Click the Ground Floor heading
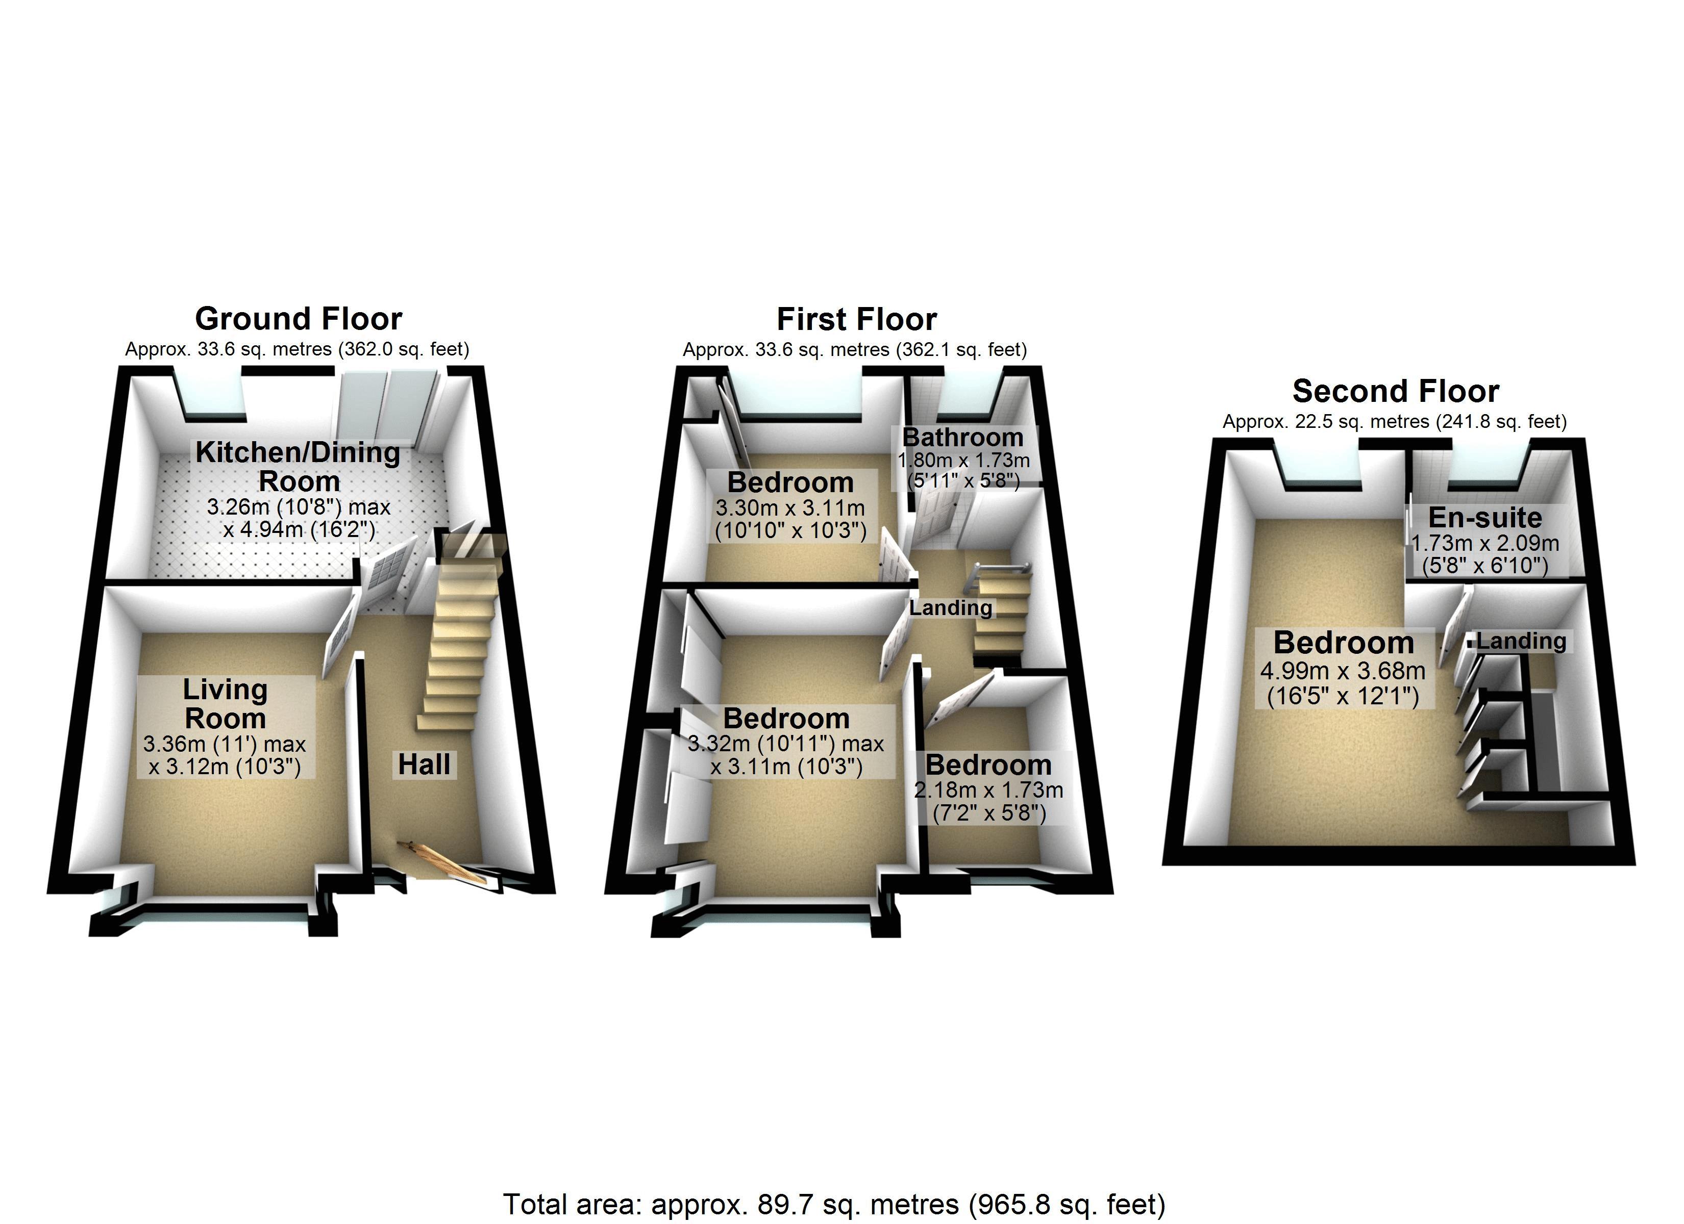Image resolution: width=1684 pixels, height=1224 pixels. click(x=299, y=319)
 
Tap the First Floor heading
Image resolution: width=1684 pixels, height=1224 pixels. click(x=856, y=320)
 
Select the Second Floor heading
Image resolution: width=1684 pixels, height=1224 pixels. click(x=1396, y=391)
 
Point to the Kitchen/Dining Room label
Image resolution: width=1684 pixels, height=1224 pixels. click(x=298, y=466)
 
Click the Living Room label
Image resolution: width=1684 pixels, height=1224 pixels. click(x=225, y=704)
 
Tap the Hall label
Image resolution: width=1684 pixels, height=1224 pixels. click(x=424, y=764)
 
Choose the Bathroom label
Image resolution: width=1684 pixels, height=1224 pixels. click(x=963, y=437)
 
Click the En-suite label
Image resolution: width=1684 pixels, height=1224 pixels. click(x=1485, y=517)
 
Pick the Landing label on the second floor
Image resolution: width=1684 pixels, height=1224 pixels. click(x=1521, y=641)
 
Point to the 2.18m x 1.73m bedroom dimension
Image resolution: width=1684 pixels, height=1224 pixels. click(x=989, y=802)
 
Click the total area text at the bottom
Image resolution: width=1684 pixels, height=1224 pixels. click(x=834, y=1204)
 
